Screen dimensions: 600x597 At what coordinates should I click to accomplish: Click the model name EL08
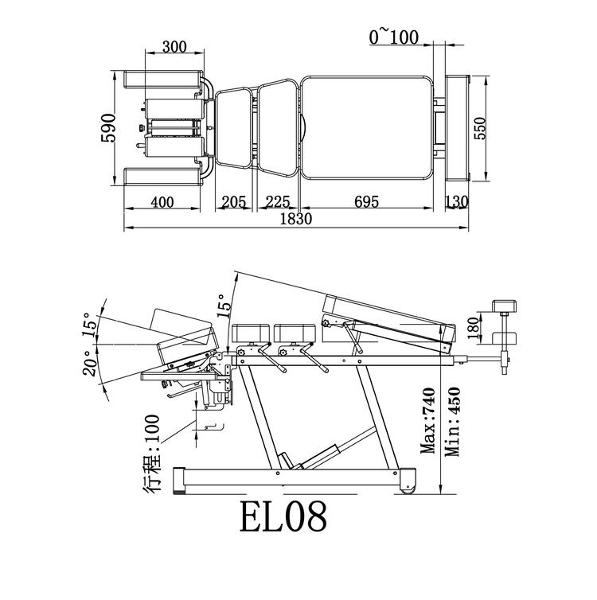[x=283, y=516]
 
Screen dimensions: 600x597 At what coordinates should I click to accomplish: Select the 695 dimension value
[x=368, y=202]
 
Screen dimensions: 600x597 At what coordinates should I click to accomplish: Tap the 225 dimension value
[x=278, y=202]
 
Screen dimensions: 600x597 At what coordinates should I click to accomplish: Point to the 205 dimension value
[x=232, y=202]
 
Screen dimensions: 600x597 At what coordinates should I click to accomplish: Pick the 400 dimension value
[x=162, y=202]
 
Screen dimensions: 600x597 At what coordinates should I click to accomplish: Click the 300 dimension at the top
[x=174, y=47]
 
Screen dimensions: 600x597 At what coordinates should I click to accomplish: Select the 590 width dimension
[x=110, y=127]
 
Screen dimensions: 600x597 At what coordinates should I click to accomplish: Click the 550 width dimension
[x=481, y=127]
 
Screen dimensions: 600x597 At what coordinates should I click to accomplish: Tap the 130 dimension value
[x=456, y=202]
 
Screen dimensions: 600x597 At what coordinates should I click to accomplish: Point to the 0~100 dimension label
[x=393, y=36]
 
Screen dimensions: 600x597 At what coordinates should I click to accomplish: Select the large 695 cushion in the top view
[x=367, y=128]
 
